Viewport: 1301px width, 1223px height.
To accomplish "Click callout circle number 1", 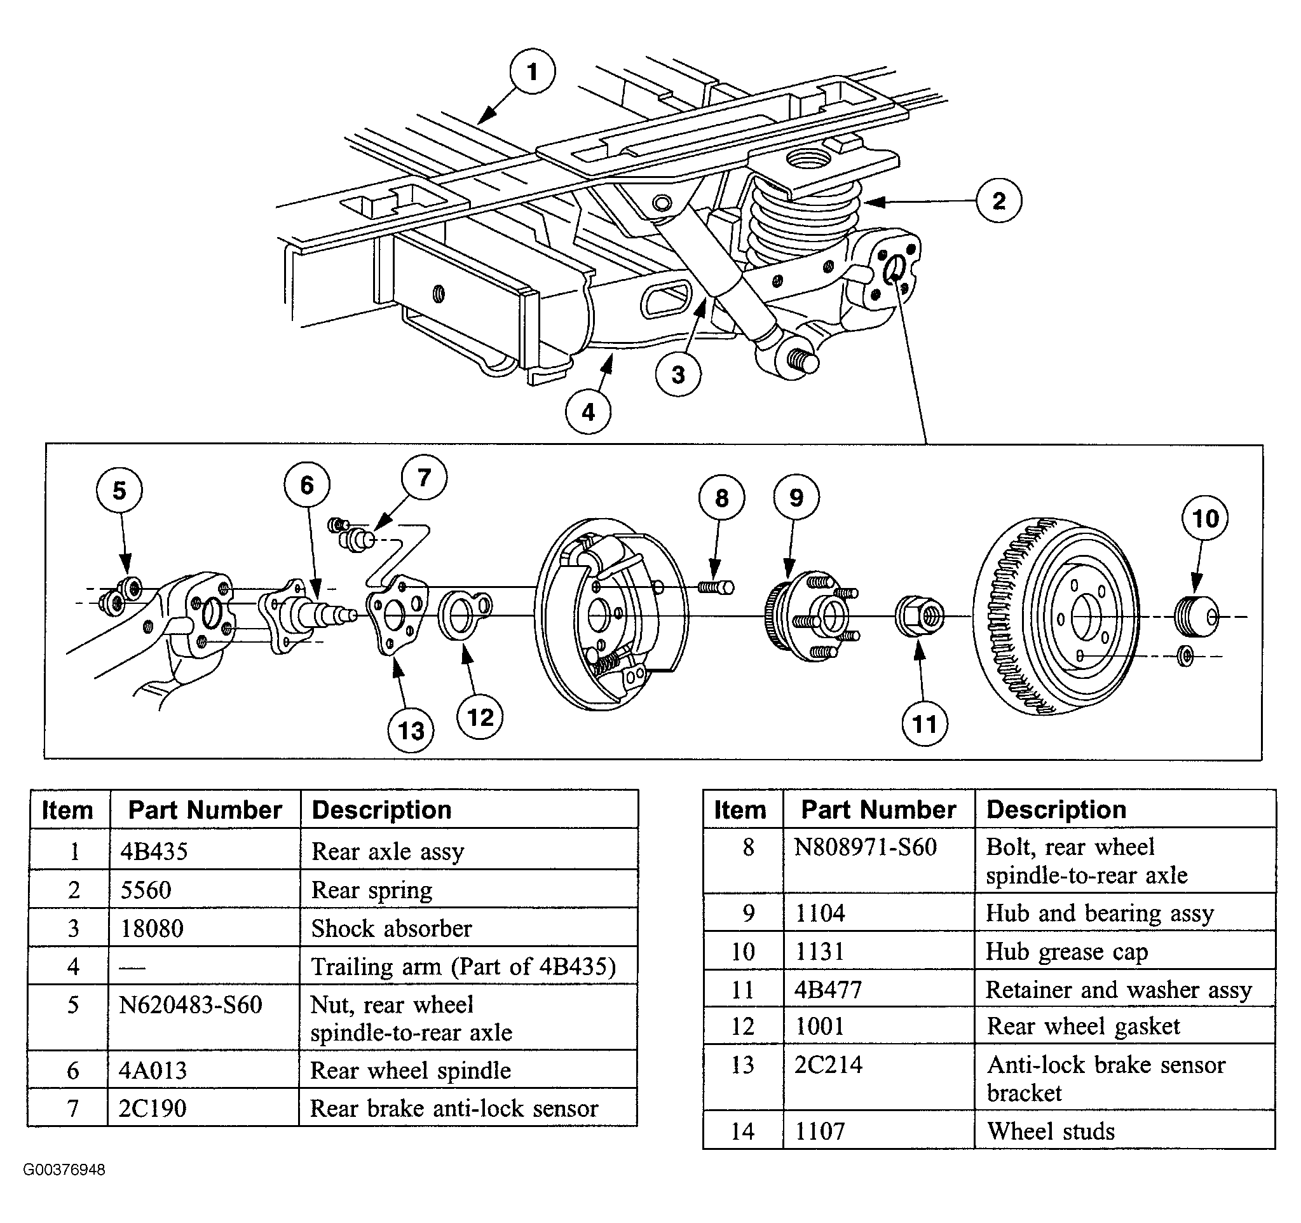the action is point(533,71).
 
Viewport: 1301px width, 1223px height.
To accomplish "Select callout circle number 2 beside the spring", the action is point(998,200).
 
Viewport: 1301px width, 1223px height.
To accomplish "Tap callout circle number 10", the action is point(1205,518).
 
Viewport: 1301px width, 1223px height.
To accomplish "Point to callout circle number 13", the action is point(411,730).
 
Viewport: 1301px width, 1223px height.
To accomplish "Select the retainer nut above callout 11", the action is point(919,616).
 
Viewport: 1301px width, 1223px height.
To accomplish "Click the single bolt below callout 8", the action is point(716,587).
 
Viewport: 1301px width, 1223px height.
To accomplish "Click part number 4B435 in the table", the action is point(154,851).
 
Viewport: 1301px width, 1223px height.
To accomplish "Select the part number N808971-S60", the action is point(865,847).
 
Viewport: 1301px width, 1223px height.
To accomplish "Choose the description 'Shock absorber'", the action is point(392,929).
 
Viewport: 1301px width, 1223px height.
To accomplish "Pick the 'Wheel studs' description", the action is point(1051,1131).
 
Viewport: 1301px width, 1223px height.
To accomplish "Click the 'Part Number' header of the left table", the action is point(205,810).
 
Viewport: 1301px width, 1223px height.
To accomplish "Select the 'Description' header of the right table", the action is point(1056,810).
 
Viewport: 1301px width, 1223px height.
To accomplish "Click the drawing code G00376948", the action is point(64,1170).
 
